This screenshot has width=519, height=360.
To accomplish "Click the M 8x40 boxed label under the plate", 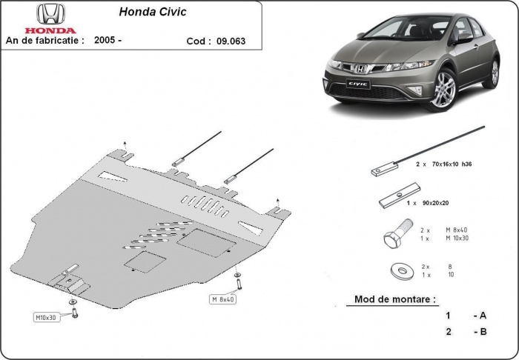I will click(222, 299).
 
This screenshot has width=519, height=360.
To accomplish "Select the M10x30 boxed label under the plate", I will click(47, 318).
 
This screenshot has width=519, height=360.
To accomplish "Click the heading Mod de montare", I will click(391, 300).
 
